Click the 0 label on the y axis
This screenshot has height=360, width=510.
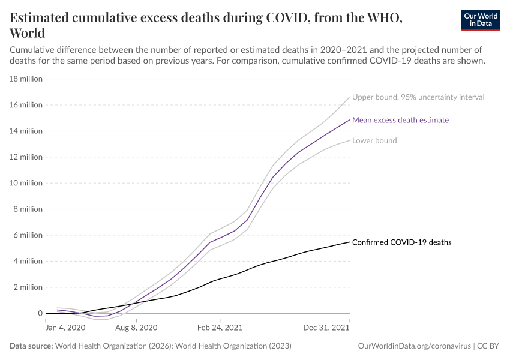point(40,313)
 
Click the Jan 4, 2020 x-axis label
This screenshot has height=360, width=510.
point(65,328)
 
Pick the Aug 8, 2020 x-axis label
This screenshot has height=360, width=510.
point(136,328)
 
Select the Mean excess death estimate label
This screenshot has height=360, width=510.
point(400,120)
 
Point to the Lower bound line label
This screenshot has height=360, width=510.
point(374,140)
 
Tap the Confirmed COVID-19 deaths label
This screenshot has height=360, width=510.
point(401,242)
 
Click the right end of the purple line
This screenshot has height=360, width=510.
point(349,119)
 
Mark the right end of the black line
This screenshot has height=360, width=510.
point(349,242)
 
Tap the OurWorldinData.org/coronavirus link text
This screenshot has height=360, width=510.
point(413,346)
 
